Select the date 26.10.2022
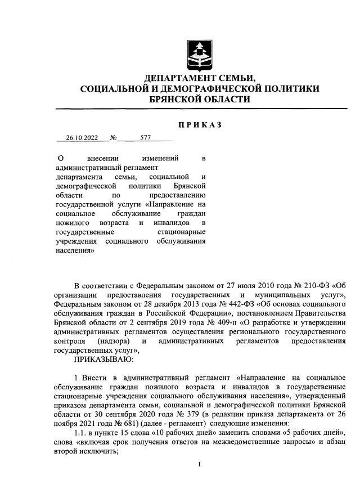pos(82,137)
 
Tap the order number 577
pos(146,137)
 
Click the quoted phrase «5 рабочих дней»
pos(311,431)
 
